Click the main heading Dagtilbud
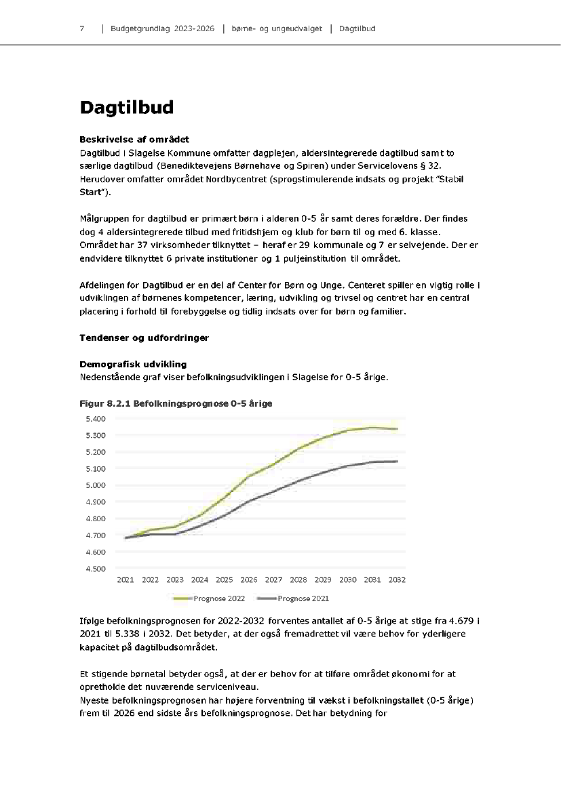[126, 108]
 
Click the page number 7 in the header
[81, 29]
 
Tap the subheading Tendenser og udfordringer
[144, 337]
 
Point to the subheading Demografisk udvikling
[133, 365]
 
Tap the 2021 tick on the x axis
[125, 580]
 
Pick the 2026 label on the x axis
[249, 580]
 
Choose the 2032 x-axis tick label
[397, 580]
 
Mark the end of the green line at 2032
[397, 428]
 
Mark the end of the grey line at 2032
[397, 461]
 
